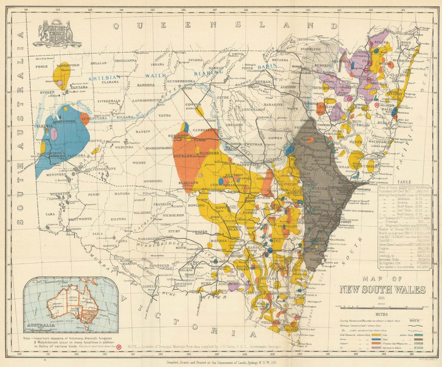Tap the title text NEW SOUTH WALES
point(382,290)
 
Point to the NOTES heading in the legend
point(382,315)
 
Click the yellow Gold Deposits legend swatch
point(377,334)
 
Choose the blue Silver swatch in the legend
point(377,339)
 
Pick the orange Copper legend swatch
point(377,344)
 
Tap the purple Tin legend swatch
point(377,349)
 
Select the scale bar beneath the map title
point(382,308)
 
